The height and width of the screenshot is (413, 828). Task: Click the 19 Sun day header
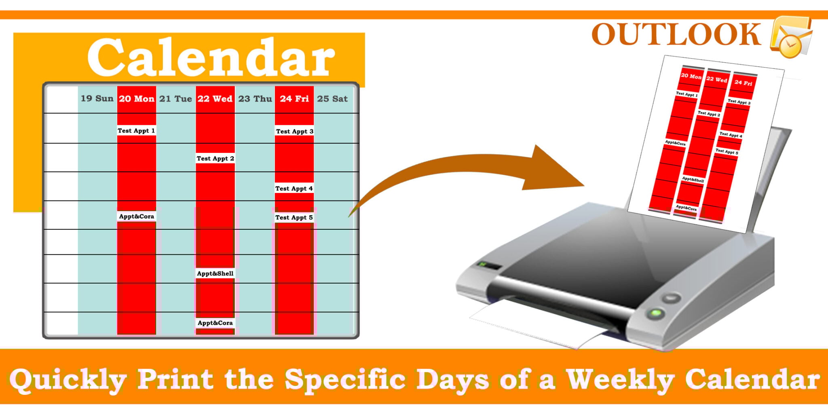click(97, 99)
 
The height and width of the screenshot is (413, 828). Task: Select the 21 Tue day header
click(175, 99)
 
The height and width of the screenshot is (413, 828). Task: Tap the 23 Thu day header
click(255, 99)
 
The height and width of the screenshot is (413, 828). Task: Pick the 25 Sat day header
click(332, 99)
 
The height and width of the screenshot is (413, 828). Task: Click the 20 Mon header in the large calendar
click(137, 99)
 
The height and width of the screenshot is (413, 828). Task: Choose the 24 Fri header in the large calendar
click(294, 99)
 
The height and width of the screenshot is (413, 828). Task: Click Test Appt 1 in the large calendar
click(136, 131)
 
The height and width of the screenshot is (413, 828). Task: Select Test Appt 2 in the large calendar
click(215, 159)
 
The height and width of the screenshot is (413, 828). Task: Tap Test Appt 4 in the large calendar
click(294, 188)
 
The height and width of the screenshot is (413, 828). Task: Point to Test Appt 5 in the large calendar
click(294, 218)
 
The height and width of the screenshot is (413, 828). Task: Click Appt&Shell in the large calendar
click(215, 273)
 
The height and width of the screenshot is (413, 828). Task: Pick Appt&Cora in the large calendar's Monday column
click(136, 216)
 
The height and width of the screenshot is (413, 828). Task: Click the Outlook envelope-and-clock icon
click(790, 36)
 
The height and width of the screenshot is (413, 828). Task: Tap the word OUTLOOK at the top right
click(676, 35)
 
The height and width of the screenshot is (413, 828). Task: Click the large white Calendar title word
click(211, 58)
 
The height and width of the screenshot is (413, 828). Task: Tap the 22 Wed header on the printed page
click(716, 79)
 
